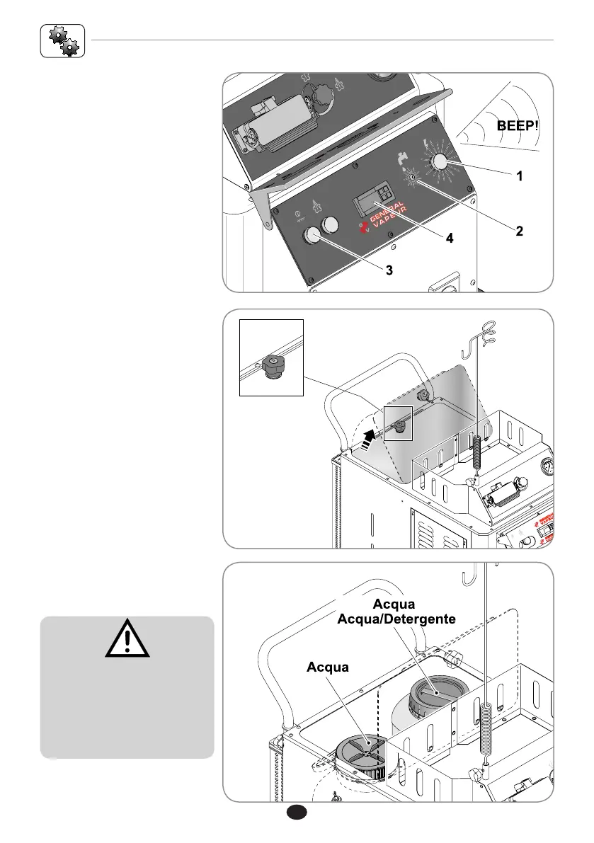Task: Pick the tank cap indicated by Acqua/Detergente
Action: [433, 693]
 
